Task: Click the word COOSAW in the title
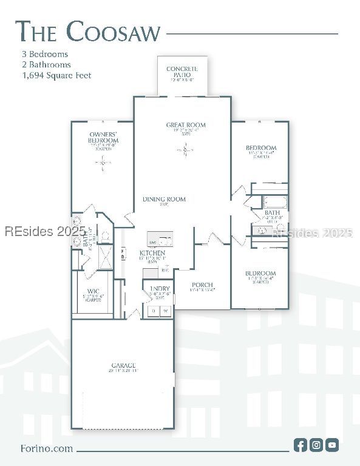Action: (114, 32)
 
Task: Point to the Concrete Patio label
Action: (182, 72)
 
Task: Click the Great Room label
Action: (186, 125)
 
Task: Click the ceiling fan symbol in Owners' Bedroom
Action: (103, 162)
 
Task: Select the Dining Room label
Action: (164, 200)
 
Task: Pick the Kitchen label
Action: (152, 253)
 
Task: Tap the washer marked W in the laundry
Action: (165, 311)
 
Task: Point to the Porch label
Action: (202, 285)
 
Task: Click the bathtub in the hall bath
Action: (274, 201)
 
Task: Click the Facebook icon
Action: (300, 445)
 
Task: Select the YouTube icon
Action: (331, 445)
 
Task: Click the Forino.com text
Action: (46, 448)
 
